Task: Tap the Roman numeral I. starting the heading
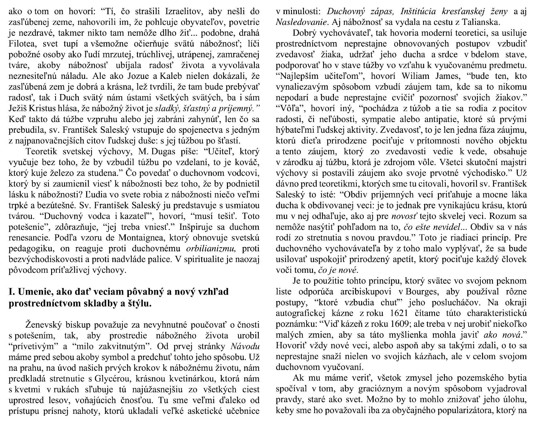click(12, 292)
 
